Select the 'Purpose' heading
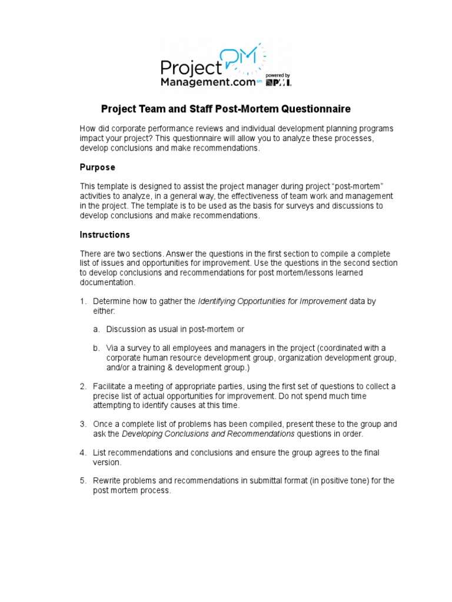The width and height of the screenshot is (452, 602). (x=97, y=168)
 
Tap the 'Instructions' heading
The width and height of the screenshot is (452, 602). (x=105, y=235)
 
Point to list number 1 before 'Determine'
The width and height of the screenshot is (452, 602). (x=83, y=302)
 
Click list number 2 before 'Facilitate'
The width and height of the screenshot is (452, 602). (x=83, y=386)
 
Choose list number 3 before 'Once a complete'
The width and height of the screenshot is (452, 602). (x=83, y=424)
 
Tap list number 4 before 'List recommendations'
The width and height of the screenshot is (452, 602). (x=83, y=453)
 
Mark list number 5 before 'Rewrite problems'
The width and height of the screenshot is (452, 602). (x=83, y=481)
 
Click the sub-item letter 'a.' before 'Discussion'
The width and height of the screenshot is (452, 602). (x=96, y=329)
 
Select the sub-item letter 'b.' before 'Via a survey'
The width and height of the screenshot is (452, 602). (x=96, y=348)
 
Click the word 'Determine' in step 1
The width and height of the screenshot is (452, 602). (x=112, y=302)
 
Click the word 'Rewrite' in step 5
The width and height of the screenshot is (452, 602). (x=108, y=481)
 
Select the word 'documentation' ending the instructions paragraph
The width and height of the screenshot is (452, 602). (x=107, y=283)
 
